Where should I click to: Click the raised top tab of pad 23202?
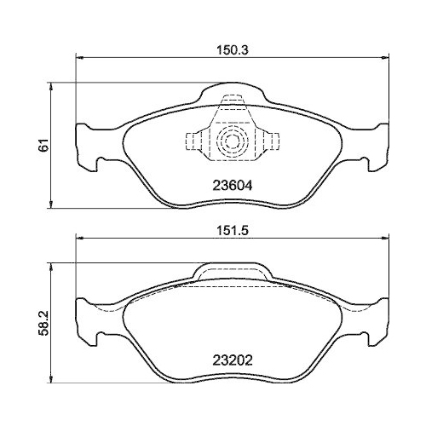click(233, 271)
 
